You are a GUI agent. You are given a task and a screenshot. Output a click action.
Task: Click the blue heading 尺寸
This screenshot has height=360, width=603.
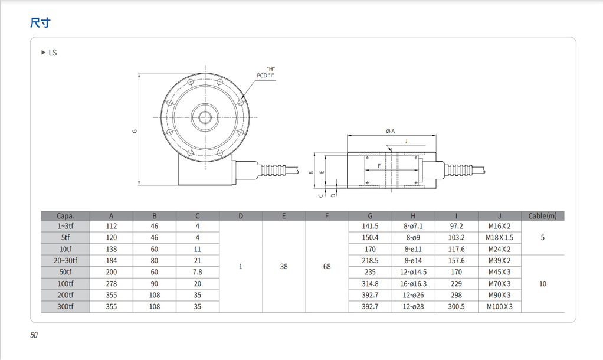(x=40, y=23)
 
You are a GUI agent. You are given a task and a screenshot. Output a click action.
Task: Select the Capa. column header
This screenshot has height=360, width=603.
(x=65, y=216)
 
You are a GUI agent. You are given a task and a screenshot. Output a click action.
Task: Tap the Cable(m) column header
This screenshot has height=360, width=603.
(x=542, y=216)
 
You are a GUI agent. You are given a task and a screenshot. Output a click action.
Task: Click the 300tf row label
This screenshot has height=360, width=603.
(x=65, y=307)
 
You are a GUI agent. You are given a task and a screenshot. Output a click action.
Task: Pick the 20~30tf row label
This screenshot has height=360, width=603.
(x=65, y=261)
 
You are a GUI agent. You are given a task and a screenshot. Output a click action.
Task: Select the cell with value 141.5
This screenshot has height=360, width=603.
(x=370, y=227)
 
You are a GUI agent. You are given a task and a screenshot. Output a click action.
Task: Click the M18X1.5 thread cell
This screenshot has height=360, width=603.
(x=499, y=238)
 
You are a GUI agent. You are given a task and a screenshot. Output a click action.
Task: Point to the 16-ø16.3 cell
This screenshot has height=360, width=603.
(x=413, y=284)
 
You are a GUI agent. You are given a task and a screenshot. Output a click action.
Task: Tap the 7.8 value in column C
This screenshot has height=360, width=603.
(x=198, y=272)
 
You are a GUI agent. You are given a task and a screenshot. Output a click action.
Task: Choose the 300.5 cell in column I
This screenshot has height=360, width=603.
(x=456, y=307)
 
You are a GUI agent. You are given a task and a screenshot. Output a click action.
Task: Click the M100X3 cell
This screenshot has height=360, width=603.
(x=499, y=307)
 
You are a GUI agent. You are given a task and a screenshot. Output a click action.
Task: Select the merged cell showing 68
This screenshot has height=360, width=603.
(x=327, y=267)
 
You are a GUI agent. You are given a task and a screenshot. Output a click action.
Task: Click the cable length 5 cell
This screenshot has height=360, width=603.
(x=542, y=238)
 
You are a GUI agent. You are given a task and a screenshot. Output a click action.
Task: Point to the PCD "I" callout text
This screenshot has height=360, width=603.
(x=266, y=76)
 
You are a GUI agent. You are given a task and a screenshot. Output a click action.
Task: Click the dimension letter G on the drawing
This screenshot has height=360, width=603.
(x=135, y=130)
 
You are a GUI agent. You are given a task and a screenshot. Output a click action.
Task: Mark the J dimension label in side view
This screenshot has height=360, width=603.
(x=406, y=141)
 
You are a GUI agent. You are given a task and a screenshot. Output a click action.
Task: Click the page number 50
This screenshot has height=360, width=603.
(x=34, y=335)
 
